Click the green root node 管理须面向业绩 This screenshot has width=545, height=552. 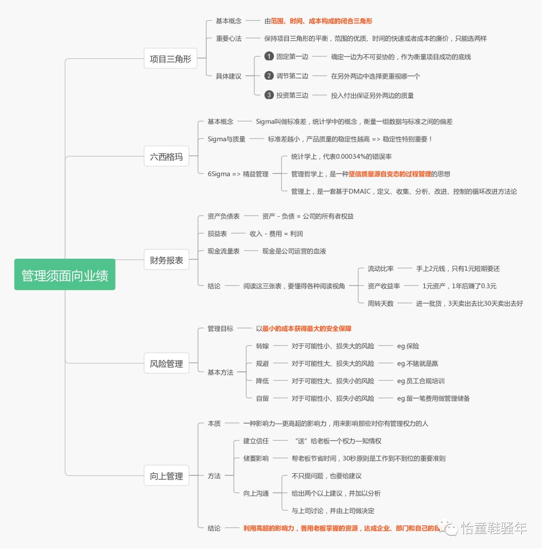(x=65, y=275)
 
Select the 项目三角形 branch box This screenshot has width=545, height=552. (x=171, y=59)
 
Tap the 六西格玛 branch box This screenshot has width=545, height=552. (x=167, y=156)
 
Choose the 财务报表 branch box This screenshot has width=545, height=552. (x=167, y=261)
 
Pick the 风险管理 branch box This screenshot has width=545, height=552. (x=167, y=363)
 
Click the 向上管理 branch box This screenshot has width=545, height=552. (x=167, y=475)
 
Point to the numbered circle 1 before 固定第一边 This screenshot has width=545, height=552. (x=269, y=56)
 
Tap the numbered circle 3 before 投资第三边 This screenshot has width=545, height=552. (x=269, y=95)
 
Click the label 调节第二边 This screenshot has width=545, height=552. (x=292, y=76)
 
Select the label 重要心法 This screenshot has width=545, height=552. (x=229, y=38)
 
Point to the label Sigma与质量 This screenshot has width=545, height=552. (x=226, y=139)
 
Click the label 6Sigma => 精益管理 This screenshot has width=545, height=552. (x=238, y=174)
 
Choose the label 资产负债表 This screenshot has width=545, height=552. (x=224, y=216)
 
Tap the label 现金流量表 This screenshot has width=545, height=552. (x=224, y=251)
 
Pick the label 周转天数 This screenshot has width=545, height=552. (x=380, y=303)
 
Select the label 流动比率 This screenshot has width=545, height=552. (x=380, y=269)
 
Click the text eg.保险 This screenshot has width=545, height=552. (x=408, y=346)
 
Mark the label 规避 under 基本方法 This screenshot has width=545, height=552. (x=262, y=363)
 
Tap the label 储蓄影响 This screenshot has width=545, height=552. (x=256, y=458)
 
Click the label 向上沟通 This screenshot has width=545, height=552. (x=256, y=493)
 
